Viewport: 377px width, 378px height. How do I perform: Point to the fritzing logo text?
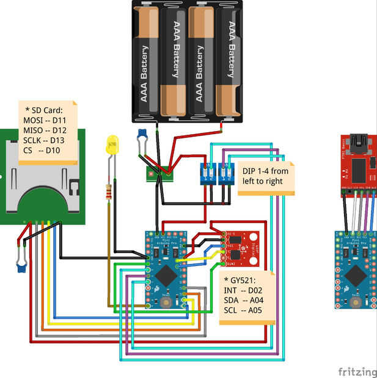point(357,371)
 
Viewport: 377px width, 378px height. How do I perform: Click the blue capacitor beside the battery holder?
point(142,134)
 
